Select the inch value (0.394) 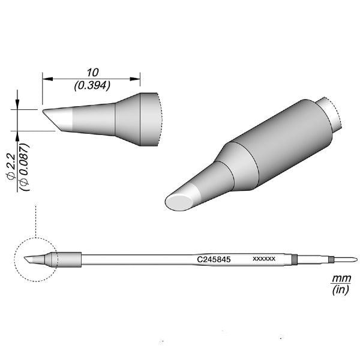91,85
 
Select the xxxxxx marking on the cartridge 264,259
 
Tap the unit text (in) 339,291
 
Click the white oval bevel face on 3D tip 182,200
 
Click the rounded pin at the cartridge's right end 347,259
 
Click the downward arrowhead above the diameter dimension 18,105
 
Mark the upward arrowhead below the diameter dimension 18,133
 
